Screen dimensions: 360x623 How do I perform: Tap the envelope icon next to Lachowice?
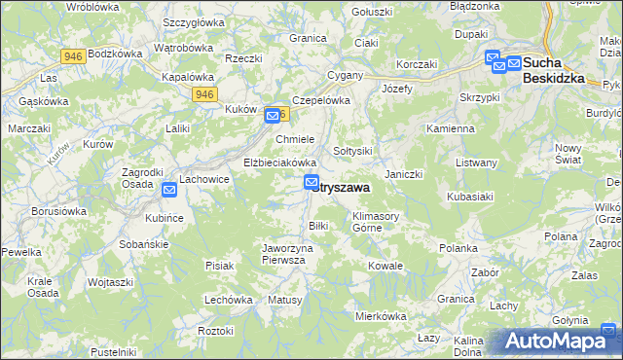tap(169, 190)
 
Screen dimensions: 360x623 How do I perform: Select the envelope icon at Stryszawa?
tap(311, 182)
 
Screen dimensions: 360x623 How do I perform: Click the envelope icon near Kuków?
tap(273, 117)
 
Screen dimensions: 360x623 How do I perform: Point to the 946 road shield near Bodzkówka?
tap(71, 56)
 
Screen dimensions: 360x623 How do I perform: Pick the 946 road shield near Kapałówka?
tap(203, 93)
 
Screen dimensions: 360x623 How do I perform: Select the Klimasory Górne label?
tap(379, 222)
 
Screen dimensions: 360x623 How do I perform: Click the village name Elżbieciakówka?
tap(280, 162)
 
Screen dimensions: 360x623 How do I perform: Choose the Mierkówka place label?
tap(380, 316)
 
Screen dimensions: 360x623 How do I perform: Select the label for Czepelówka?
tap(320, 99)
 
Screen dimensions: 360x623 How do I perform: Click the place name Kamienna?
tap(450, 128)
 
